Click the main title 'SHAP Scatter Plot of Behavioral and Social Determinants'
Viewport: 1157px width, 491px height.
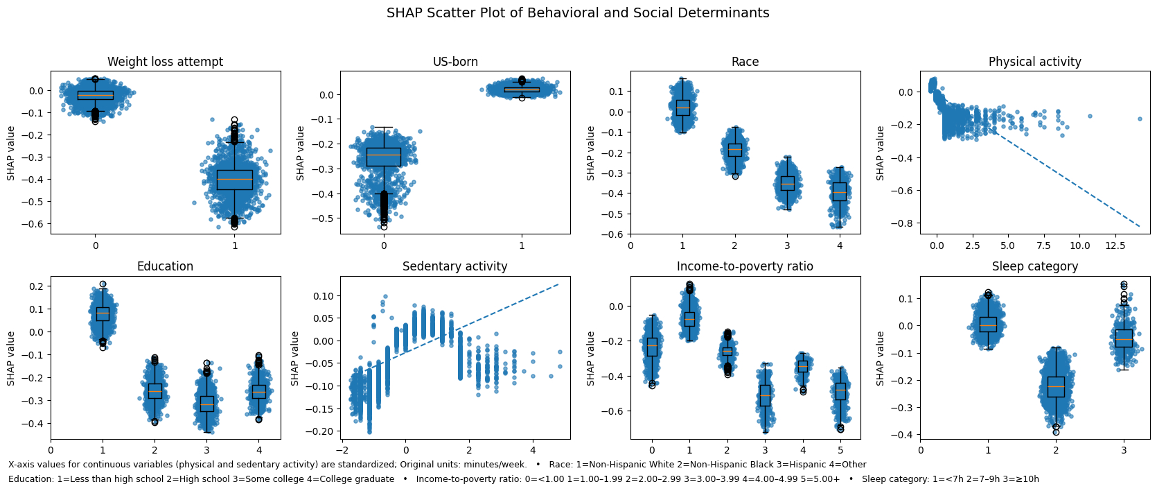[578, 13]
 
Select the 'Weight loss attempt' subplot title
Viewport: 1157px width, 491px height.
[165, 62]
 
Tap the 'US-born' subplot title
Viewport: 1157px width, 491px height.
[455, 62]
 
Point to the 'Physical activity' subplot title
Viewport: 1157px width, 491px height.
[1034, 62]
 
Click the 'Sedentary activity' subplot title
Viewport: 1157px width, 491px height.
[454, 266]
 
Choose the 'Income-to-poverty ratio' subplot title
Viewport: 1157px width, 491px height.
[745, 266]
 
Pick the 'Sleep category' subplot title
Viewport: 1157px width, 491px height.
[1034, 266]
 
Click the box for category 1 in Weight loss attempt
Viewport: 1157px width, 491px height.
[235, 180]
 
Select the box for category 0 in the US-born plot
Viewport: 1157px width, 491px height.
[384, 157]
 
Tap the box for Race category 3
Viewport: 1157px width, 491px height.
[787, 183]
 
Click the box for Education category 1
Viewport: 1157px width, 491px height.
[103, 313]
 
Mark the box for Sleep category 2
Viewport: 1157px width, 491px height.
[1056, 386]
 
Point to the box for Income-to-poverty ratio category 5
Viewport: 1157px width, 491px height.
[840, 391]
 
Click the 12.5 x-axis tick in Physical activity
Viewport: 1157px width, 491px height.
[1115, 245]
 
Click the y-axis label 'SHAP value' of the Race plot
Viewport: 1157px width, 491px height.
[591, 153]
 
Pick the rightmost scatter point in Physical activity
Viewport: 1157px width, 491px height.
[1139, 119]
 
